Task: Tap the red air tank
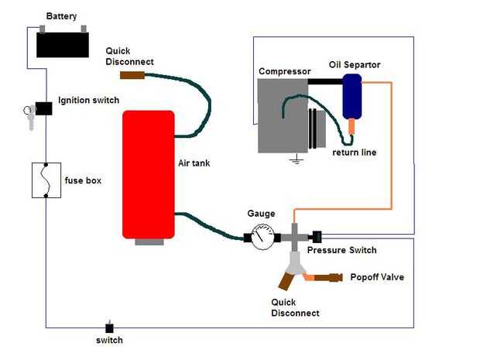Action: click(x=148, y=173)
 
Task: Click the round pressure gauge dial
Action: click(x=262, y=235)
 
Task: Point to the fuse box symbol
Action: click(x=46, y=180)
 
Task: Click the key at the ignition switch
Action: click(x=29, y=118)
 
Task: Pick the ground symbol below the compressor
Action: click(x=294, y=160)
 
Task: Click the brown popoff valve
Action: click(x=330, y=276)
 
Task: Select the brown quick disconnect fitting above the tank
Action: click(x=132, y=76)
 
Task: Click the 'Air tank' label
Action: click(x=194, y=163)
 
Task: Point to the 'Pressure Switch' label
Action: click(x=341, y=250)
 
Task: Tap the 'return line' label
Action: click(x=354, y=153)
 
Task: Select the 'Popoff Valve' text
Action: click(x=377, y=277)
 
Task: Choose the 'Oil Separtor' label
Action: click(x=354, y=64)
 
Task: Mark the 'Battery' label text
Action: click(x=61, y=16)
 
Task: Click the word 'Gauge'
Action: click(x=261, y=214)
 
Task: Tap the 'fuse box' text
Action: click(x=83, y=180)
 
